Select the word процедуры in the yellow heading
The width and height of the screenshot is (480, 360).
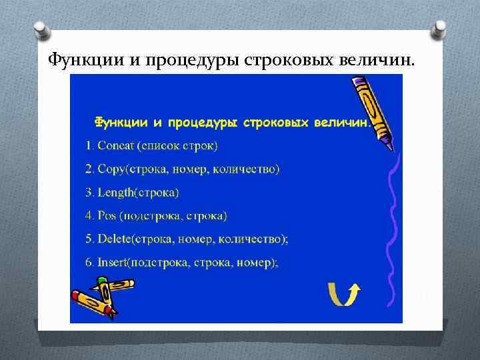point(203,122)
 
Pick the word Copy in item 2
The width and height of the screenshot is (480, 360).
point(112,169)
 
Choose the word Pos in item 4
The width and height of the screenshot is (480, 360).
point(107,215)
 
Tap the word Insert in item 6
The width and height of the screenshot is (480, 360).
point(113,262)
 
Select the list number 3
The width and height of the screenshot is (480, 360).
point(89,193)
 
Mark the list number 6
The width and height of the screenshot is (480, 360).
point(89,262)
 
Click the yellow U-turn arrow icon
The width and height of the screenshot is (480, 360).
point(344,293)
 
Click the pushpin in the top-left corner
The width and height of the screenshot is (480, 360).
point(40,29)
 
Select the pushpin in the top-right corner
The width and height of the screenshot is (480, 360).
point(440,31)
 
